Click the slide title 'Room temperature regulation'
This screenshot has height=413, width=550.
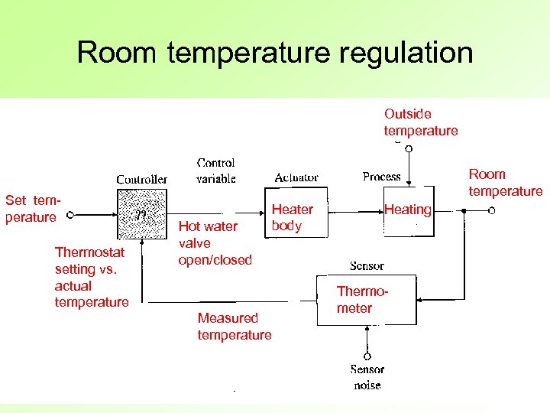point(275,53)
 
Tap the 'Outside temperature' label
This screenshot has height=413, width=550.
point(421,122)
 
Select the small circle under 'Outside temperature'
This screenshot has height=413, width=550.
point(409,149)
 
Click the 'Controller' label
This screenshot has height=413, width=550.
point(141,180)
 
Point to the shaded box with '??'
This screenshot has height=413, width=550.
point(142,215)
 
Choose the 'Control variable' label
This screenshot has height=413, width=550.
point(216,171)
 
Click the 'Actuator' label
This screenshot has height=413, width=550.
point(296,177)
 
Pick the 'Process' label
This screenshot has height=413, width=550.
point(382,177)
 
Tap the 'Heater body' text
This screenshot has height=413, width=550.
point(292,217)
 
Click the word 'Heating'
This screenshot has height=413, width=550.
point(407,210)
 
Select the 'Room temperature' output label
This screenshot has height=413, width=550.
point(505,183)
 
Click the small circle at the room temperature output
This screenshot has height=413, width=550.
point(492,210)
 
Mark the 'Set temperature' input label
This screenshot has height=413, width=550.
point(32,209)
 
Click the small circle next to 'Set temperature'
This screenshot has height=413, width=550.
point(70,216)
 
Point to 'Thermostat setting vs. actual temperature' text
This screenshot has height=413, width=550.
point(91,276)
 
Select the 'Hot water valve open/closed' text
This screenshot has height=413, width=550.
point(214,243)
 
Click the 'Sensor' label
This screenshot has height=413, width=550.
point(367,266)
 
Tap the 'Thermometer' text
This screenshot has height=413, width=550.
point(356,300)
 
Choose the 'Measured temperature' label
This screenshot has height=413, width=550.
point(234,327)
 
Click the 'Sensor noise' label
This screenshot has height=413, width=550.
point(367,378)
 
